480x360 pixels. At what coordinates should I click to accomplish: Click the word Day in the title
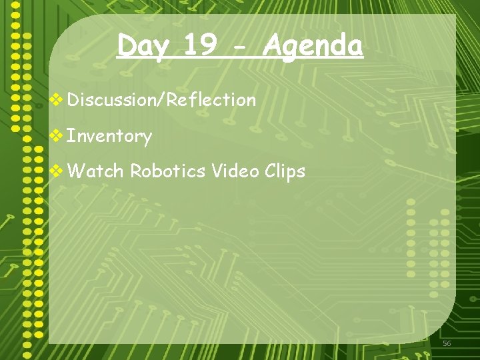click(141, 47)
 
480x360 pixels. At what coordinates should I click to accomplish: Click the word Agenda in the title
click(313, 47)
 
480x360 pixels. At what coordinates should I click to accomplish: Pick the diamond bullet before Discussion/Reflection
click(58, 100)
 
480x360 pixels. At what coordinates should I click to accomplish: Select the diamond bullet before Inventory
click(58, 136)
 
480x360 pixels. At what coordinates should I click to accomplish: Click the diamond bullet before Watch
click(58, 171)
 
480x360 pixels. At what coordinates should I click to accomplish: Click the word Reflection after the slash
click(211, 100)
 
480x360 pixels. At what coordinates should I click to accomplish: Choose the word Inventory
click(110, 137)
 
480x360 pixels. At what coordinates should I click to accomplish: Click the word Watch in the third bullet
click(95, 171)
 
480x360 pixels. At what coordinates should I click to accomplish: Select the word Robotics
click(168, 171)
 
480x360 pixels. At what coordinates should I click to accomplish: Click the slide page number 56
click(447, 343)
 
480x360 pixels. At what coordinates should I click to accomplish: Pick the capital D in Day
click(126, 46)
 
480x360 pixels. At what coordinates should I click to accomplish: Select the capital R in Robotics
click(135, 171)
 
